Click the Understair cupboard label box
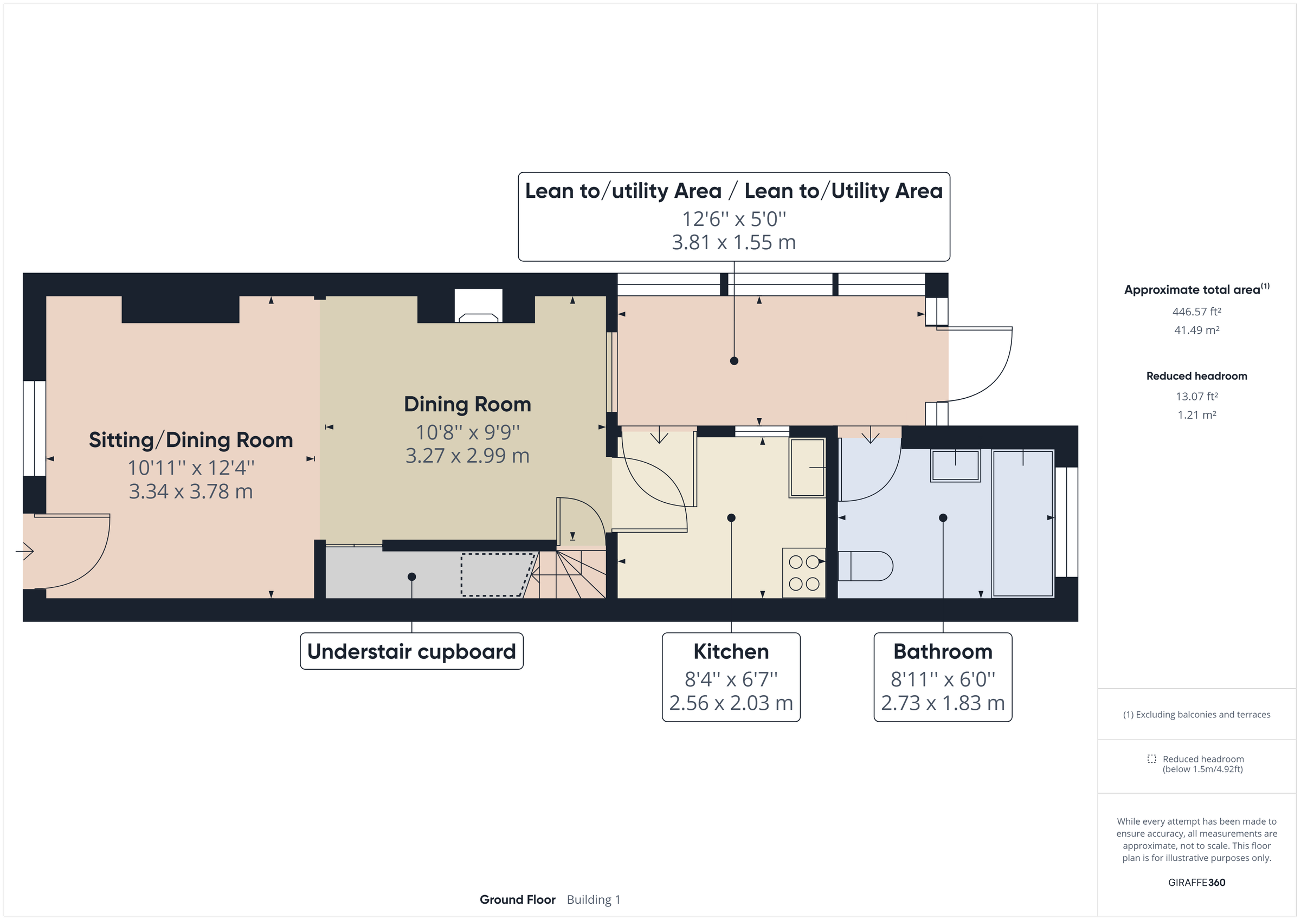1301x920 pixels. coord(411,651)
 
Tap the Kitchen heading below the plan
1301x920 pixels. coord(731,651)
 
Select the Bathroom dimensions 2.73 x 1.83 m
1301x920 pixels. coord(942,703)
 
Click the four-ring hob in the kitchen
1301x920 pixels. coord(803,573)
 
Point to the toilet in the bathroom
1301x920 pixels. coord(865,566)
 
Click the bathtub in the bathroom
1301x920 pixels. coord(1022,523)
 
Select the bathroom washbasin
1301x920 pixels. coord(955,465)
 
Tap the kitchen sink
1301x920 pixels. coord(807,468)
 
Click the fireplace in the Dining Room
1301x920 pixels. coord(478,306)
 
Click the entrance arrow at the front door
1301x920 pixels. coord(25,550)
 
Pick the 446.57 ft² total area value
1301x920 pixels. coord(1196,312)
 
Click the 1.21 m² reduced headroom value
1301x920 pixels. coord(1196,414)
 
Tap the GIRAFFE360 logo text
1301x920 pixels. coord(1196,882)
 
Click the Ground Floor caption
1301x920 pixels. coord(517,899)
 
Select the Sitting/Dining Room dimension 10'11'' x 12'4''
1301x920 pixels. coord(191,468)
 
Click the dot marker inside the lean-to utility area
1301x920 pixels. coord(734,361)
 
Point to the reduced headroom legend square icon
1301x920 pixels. coord(1151,759)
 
